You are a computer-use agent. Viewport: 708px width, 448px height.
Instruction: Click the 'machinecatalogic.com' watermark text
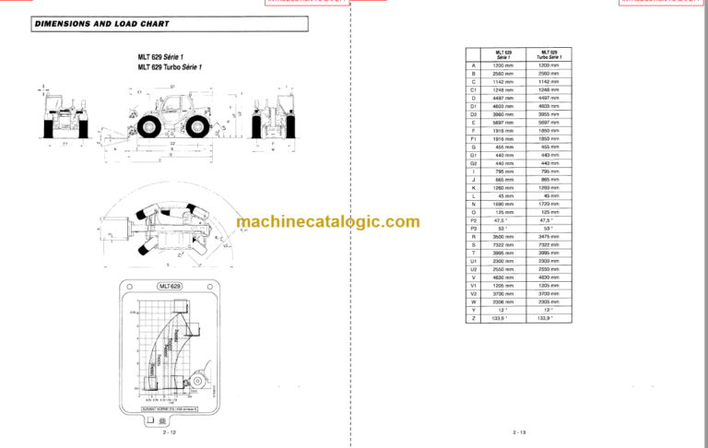point(327,221)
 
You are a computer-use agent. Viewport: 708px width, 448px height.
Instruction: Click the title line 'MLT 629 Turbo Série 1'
point(171,67)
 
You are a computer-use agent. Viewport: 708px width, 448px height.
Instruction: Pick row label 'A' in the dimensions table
point(474,65)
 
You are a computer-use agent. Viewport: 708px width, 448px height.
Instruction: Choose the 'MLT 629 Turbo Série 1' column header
point(549,53)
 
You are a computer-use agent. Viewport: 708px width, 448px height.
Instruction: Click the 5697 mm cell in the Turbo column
point(549,122)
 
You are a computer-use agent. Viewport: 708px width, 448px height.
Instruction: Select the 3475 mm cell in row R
point(549,236)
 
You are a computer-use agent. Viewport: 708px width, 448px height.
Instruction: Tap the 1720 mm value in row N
point(549,204)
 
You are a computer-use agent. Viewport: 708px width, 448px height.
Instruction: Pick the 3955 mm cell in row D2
point(549,113)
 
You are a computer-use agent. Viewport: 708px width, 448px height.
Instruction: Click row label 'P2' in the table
point(474,220)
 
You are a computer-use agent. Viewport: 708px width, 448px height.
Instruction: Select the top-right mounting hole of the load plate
point(213,288)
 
